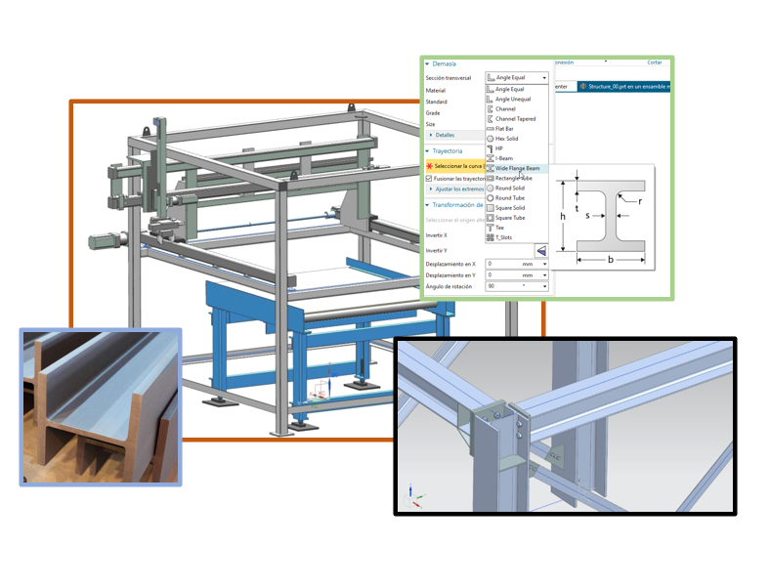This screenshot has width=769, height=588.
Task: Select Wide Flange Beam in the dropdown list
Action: tap(517, 168)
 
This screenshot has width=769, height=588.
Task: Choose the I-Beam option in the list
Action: tap(504, 158)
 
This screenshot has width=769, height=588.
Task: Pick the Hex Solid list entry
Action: tap(506, 139)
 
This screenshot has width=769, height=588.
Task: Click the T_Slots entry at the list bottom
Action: tap(503, 237)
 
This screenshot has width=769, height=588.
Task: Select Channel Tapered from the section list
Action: tap(515, 119)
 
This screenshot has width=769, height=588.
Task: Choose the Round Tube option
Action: tap(509, 198)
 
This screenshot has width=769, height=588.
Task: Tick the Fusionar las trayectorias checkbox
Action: tap(429, 179)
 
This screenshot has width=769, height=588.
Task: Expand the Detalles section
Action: tap(444, 135)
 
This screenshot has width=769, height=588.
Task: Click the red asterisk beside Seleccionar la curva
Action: tap(429, 167)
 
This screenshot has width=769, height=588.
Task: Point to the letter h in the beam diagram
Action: tap(563, 216)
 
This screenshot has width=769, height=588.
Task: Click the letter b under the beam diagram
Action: tap(610, 260)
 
